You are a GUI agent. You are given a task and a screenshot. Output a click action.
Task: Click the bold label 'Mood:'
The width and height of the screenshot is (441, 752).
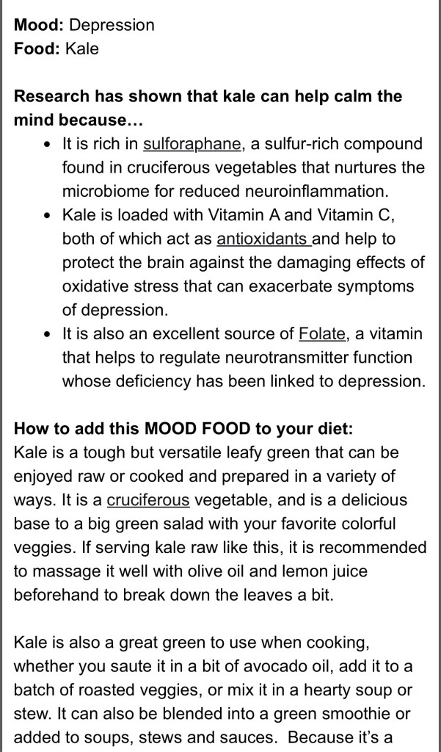[x=39, y=25]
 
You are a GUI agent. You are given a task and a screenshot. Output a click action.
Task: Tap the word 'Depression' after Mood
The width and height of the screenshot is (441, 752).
[x=112, y=25]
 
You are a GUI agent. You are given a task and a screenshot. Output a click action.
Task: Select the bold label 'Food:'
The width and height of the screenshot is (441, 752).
[x=37, y=49]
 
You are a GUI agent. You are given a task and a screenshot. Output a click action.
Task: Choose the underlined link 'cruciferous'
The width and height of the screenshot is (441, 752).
[x=148, y=501]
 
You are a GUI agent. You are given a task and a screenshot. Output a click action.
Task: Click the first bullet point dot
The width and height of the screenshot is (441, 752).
[x=47, y=144]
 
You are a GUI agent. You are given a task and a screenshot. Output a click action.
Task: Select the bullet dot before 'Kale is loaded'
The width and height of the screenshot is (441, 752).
[x=47, y=216]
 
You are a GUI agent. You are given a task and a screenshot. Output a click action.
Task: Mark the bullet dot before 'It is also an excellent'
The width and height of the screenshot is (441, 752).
[x=47, y=335]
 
